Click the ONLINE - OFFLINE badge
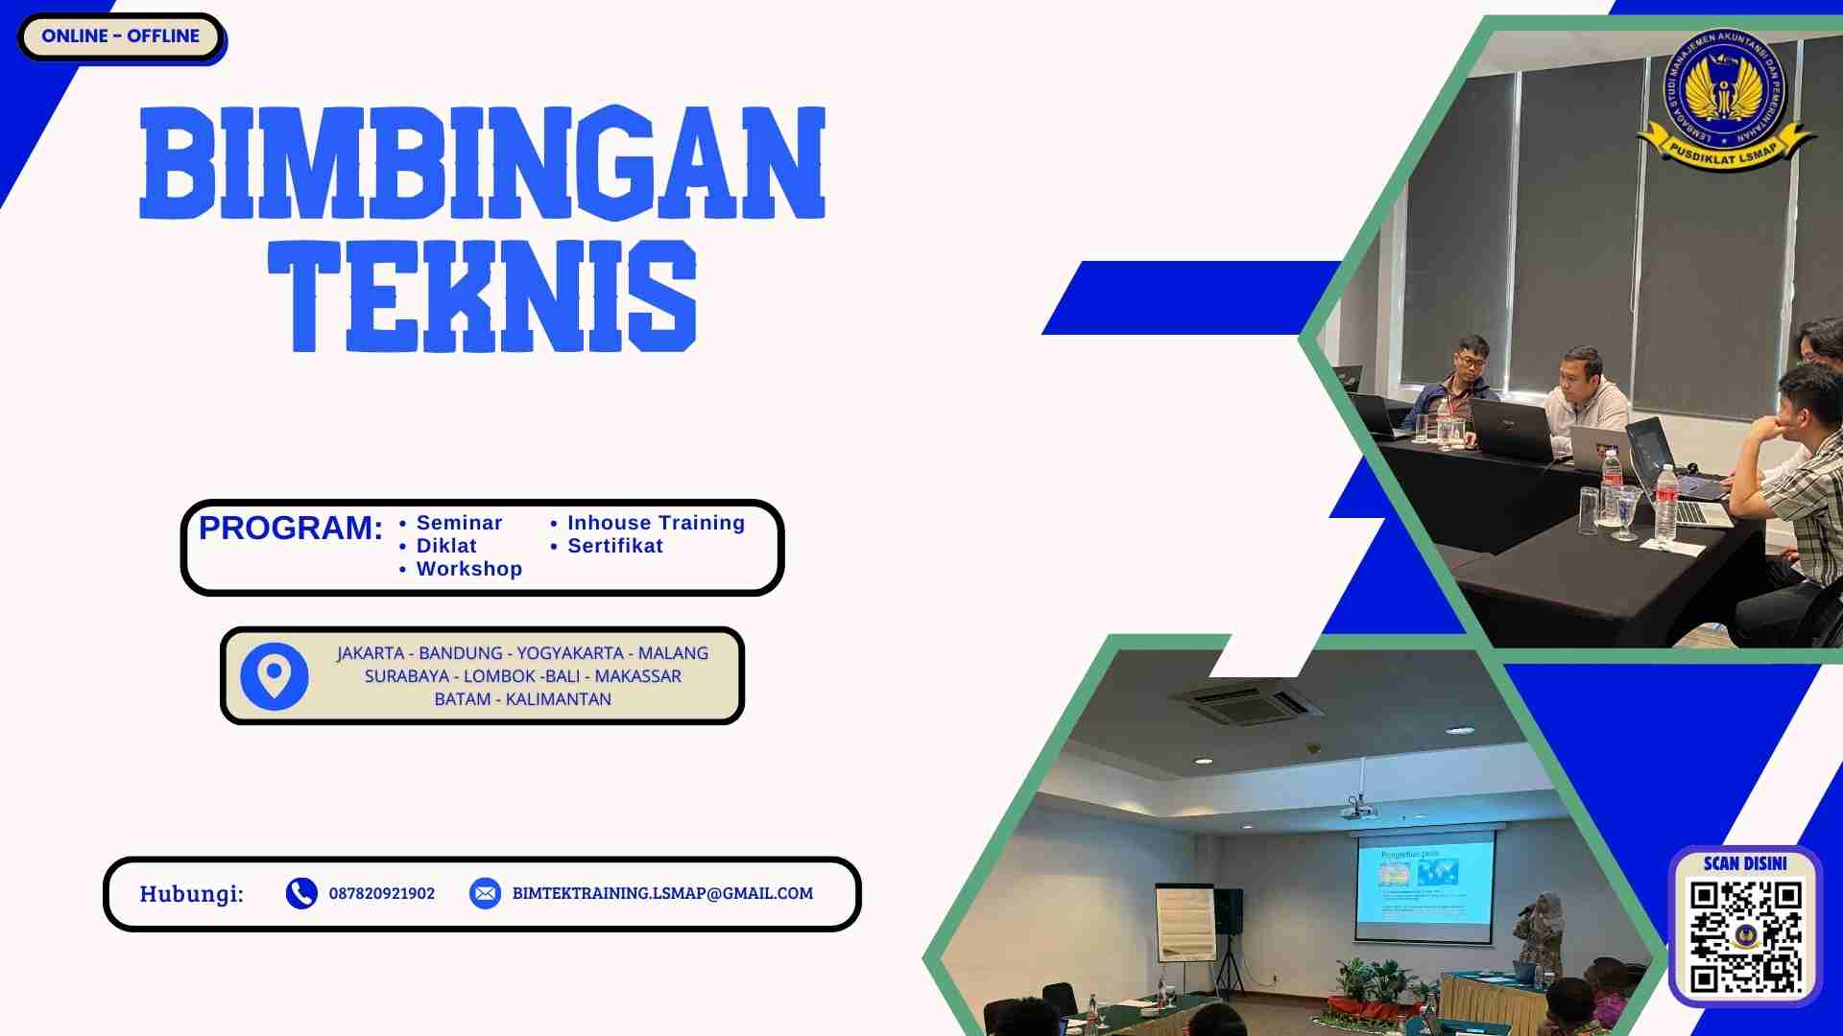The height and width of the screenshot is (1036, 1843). click(121, 36)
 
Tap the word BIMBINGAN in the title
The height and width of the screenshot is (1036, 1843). click(482, 163)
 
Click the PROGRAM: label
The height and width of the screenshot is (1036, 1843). click(290, 528)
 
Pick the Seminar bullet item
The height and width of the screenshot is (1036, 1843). click(459, 523)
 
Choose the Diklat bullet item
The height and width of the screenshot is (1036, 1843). click(446, 546)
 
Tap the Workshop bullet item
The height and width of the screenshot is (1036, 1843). click(468, 569)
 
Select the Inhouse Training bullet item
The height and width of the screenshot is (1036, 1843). click(656, 523)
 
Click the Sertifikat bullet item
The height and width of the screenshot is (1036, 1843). click(615, 546)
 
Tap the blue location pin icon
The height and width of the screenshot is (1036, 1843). click(274, 676)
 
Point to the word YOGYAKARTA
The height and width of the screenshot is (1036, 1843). click(570, 653)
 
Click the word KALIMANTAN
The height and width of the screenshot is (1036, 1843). click(558, 699)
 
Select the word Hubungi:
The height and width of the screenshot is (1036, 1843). click(191, 894)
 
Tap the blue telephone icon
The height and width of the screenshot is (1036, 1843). click(301, 893)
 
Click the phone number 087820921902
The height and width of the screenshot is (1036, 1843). click(382, 893)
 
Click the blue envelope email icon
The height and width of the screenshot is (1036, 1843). click(485, 893)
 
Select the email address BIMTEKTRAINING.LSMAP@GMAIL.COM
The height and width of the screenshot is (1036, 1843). click(662, 893)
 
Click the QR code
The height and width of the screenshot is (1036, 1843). click(1745, 936)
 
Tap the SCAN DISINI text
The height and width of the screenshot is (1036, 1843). click(1745, 863)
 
